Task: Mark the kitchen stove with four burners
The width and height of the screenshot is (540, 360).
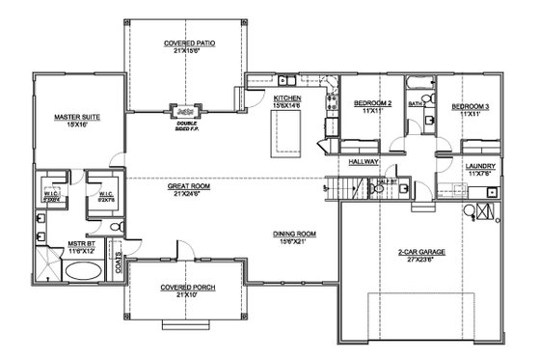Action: tap(330, 99)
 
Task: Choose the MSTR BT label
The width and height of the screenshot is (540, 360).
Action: tap(80, 248)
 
